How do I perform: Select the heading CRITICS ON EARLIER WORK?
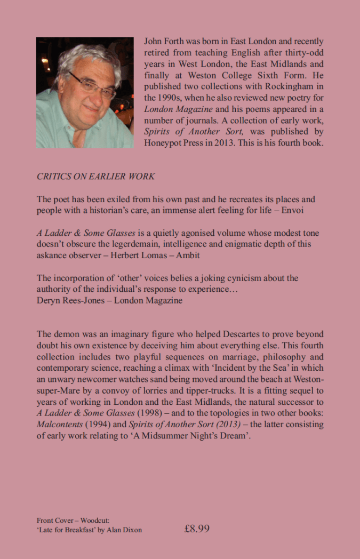click(x=96, y=177)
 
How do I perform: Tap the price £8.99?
click(x=197, y=529)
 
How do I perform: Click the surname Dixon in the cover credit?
click(x=132, y=530)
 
